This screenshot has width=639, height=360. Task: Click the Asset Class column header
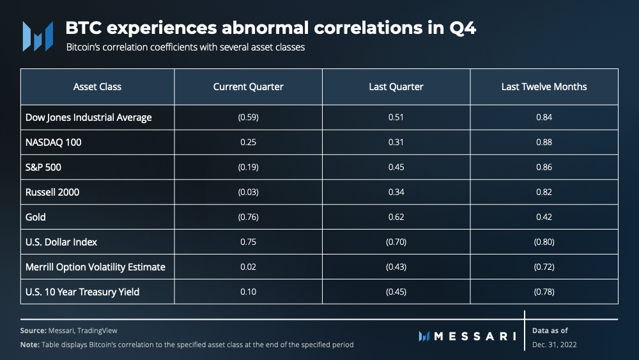pos(97,86)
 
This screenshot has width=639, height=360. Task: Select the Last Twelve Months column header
pos(544,86)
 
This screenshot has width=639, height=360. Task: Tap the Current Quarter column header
pos(248,86)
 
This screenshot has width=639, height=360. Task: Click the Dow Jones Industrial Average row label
pos(88,118)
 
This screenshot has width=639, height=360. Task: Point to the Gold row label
pos(35,217)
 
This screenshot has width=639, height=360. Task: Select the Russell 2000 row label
pos(52,192)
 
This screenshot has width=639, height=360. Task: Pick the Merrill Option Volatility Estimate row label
pos(95,267)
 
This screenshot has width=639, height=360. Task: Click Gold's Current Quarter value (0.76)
pos(248,217)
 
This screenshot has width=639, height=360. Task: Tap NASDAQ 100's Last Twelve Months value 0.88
pos(544,143)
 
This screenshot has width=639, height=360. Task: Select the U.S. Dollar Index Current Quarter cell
pos(248,242)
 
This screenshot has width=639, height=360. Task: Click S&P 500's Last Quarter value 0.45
pos(396,167)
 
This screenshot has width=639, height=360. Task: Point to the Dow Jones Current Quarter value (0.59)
pos(248,118)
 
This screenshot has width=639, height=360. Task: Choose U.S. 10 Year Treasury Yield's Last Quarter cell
pos(396,292)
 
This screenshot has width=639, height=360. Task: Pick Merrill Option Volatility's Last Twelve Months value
pos(544,267)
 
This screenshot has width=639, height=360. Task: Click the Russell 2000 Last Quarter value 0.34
pos(396,192)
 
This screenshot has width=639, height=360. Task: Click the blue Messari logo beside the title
pos(38,36)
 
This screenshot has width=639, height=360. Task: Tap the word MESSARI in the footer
pos(475,336)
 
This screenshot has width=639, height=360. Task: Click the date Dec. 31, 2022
pos(554,345)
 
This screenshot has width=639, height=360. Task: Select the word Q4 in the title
pos(463,28)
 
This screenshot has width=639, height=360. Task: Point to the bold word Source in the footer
pos(33,331)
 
